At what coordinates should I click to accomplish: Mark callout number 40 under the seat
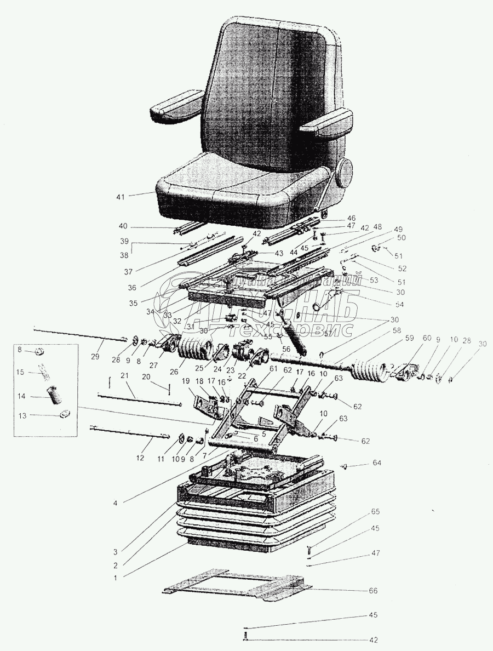[x=124, y=226]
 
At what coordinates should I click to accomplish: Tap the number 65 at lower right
[x=375, y=512]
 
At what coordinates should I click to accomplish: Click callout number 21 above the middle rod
[x=124, y=376]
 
